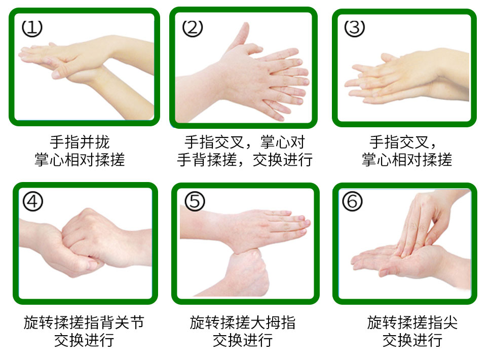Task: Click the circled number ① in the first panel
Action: [32, 28]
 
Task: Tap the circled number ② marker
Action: [193, 28]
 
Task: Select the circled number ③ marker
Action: [355, 28]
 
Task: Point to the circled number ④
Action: [32, 201]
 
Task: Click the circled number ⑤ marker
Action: [195, 201]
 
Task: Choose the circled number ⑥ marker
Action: [352, 201]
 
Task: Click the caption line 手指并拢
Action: [80, 142]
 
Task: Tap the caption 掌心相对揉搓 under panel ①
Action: [80, 160]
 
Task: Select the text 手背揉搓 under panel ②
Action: [207, 160]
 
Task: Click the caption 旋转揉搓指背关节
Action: [84, 322]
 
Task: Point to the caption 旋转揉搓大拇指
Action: [243, 322]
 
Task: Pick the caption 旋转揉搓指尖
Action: [412, 322]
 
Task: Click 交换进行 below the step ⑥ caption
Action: [412, 340]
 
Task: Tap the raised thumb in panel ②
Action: [240, 36]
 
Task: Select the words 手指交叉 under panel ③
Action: [399, 142]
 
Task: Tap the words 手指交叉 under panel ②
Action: [214, 142]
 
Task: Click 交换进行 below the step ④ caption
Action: [84, 340]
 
